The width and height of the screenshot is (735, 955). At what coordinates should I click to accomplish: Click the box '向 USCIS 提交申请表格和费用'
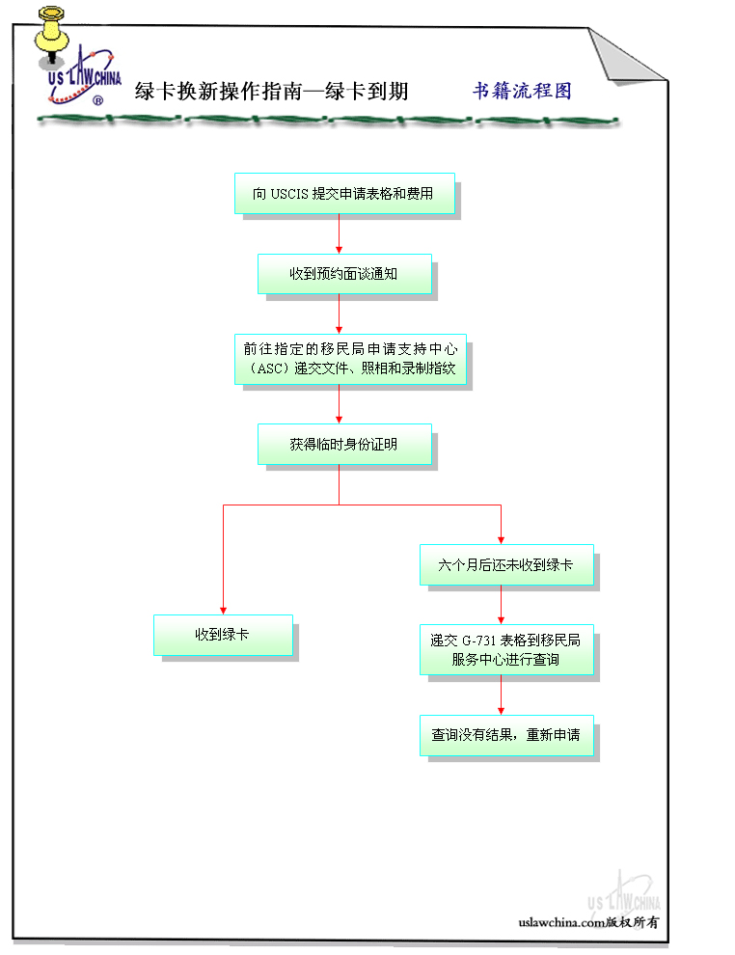343,194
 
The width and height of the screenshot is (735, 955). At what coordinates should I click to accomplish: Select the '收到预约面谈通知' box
343,274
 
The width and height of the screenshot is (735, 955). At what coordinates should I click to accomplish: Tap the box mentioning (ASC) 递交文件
349,359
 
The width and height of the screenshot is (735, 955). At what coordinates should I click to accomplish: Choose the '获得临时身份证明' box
343,445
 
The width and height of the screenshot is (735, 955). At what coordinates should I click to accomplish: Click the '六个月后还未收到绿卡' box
505,565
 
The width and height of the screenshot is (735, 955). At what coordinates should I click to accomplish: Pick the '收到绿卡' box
223,635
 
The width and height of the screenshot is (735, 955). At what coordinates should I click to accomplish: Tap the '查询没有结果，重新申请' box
505,735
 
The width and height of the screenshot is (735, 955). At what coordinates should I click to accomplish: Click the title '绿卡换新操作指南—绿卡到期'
272,92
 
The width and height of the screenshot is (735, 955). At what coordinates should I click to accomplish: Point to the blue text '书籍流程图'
522,91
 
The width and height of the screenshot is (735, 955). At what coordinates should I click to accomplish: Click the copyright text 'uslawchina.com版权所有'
588,921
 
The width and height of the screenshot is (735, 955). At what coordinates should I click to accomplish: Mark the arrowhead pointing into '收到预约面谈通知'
339,249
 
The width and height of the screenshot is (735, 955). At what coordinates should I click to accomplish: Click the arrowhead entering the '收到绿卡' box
223,610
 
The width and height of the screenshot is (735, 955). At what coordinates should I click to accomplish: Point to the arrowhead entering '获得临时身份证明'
339,420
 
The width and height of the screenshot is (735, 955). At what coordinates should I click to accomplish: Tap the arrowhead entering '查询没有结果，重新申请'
501,710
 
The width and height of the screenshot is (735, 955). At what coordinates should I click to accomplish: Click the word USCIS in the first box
289,194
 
